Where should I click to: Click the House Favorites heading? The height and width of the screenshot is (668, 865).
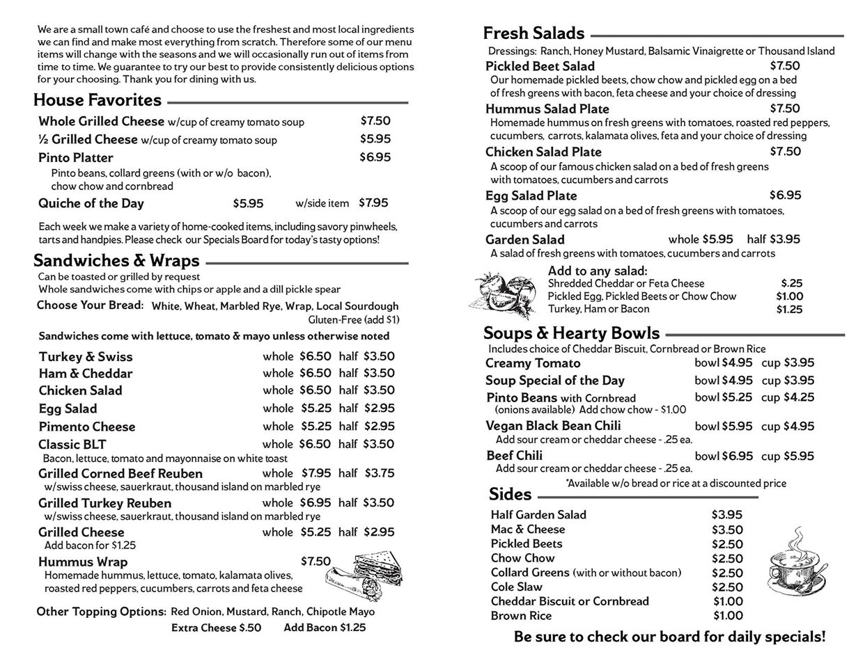tap(98, 100)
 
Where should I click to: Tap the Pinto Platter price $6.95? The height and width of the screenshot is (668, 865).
tap(375, 157)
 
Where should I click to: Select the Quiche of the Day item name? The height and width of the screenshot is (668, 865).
tap(91, 203)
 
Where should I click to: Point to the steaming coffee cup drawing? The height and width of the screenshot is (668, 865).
tap(795, 562)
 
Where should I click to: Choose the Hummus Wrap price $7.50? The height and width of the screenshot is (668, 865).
tap(315, 562)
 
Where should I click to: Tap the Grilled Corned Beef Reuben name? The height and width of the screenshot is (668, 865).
tap(120, 473)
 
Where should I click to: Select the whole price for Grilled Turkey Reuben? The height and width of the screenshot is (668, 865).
tap(316, 502)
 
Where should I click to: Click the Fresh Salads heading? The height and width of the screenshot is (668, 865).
tap(533, 33)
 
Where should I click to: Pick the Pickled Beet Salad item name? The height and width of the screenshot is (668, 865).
tap(540, 66)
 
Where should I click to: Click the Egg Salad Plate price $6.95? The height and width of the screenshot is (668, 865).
tap(785, 196)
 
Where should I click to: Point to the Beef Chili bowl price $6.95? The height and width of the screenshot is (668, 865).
tap(737, 456)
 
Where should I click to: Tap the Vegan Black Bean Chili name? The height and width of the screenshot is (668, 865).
tap(553, 426)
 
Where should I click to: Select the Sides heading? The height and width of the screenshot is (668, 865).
tap(510, 495)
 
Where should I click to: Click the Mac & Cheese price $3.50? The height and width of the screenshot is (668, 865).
tap(727, 530)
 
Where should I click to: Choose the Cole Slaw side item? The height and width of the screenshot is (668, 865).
tap(516, 587)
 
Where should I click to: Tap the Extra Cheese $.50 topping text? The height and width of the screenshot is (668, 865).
tap(216, 628)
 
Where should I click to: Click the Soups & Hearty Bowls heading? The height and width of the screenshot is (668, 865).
tap(571, 333)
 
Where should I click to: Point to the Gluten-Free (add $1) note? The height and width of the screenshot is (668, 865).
tap(354, 319)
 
